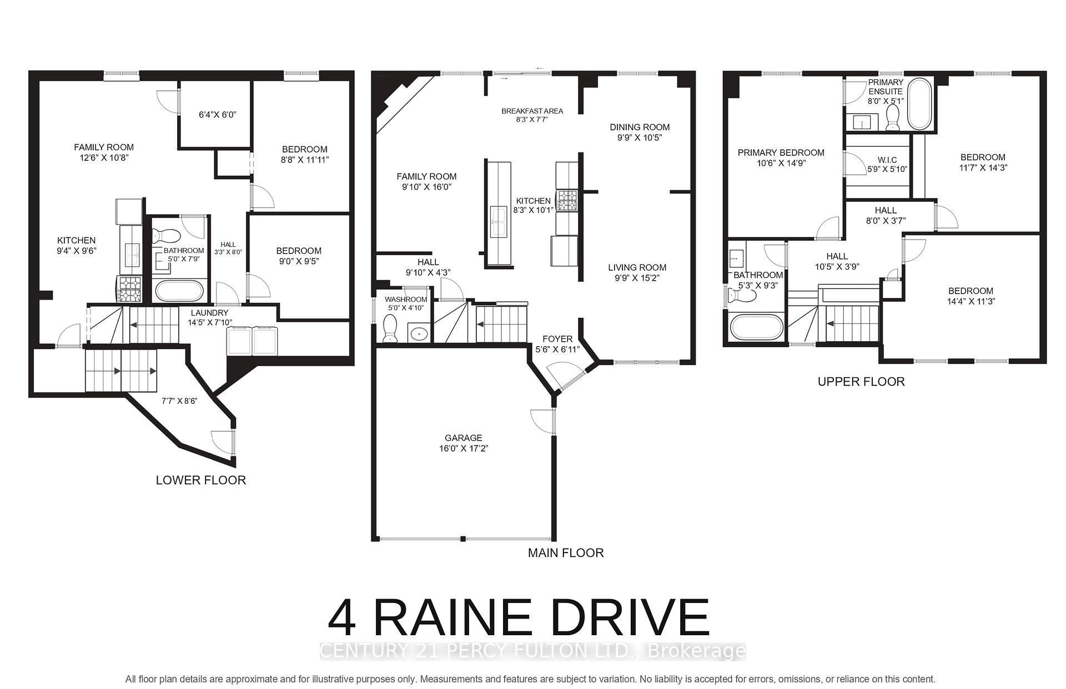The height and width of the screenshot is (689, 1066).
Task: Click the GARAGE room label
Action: click(x=463, y=438)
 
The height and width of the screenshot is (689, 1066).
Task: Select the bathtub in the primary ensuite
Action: click(x=920, y=104)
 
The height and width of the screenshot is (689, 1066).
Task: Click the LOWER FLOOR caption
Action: click(x=200, y=480)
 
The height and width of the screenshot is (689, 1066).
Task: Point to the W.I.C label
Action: click(x=887, y=160)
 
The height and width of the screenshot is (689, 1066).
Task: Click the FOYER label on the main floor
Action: click(x=557, y=339)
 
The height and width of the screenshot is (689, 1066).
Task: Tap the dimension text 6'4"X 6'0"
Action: click(x=218, y=115)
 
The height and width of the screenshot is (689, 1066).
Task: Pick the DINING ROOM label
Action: click(x=640, y=127)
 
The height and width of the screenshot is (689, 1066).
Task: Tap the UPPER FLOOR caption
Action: click(x=861, y=382)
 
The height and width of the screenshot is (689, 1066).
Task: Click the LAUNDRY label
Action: click(x=209, y=313)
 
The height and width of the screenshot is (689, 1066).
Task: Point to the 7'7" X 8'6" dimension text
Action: click(x=179, y=401)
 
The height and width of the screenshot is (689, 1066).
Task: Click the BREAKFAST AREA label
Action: click(x=532, y=111)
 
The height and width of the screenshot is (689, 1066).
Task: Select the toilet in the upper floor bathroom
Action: click(x=742, y=296)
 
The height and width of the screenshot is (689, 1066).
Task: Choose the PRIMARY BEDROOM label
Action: click(x=781, y=153)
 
